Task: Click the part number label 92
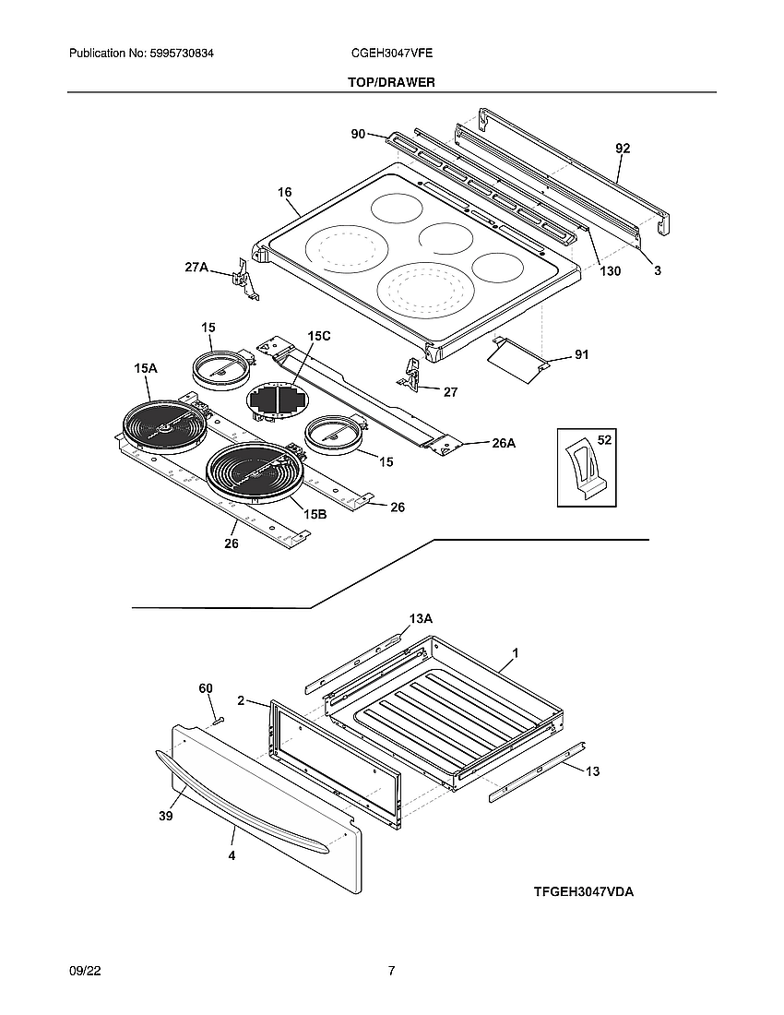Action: (x=623, y=148)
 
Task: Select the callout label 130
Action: (x=610, y=271)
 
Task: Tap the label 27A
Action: (x=196, y=268)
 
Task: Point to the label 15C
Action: (x=319, y=337)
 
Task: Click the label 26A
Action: (x=504, y=443)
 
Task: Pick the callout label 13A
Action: (x=421, y=618)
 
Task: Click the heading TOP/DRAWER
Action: (x=391, y=82)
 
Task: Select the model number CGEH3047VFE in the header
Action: (x=392, y=54)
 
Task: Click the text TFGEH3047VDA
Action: (x=584, y=892)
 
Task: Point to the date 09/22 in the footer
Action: (x=84, y=971)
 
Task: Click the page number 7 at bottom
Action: (x=392, y=971)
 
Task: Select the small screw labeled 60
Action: (x=219, y=718)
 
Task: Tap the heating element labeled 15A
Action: (x=159, y=425)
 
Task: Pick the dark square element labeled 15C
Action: (x=276, y=401)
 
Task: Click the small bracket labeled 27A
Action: (x=244, y=279)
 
